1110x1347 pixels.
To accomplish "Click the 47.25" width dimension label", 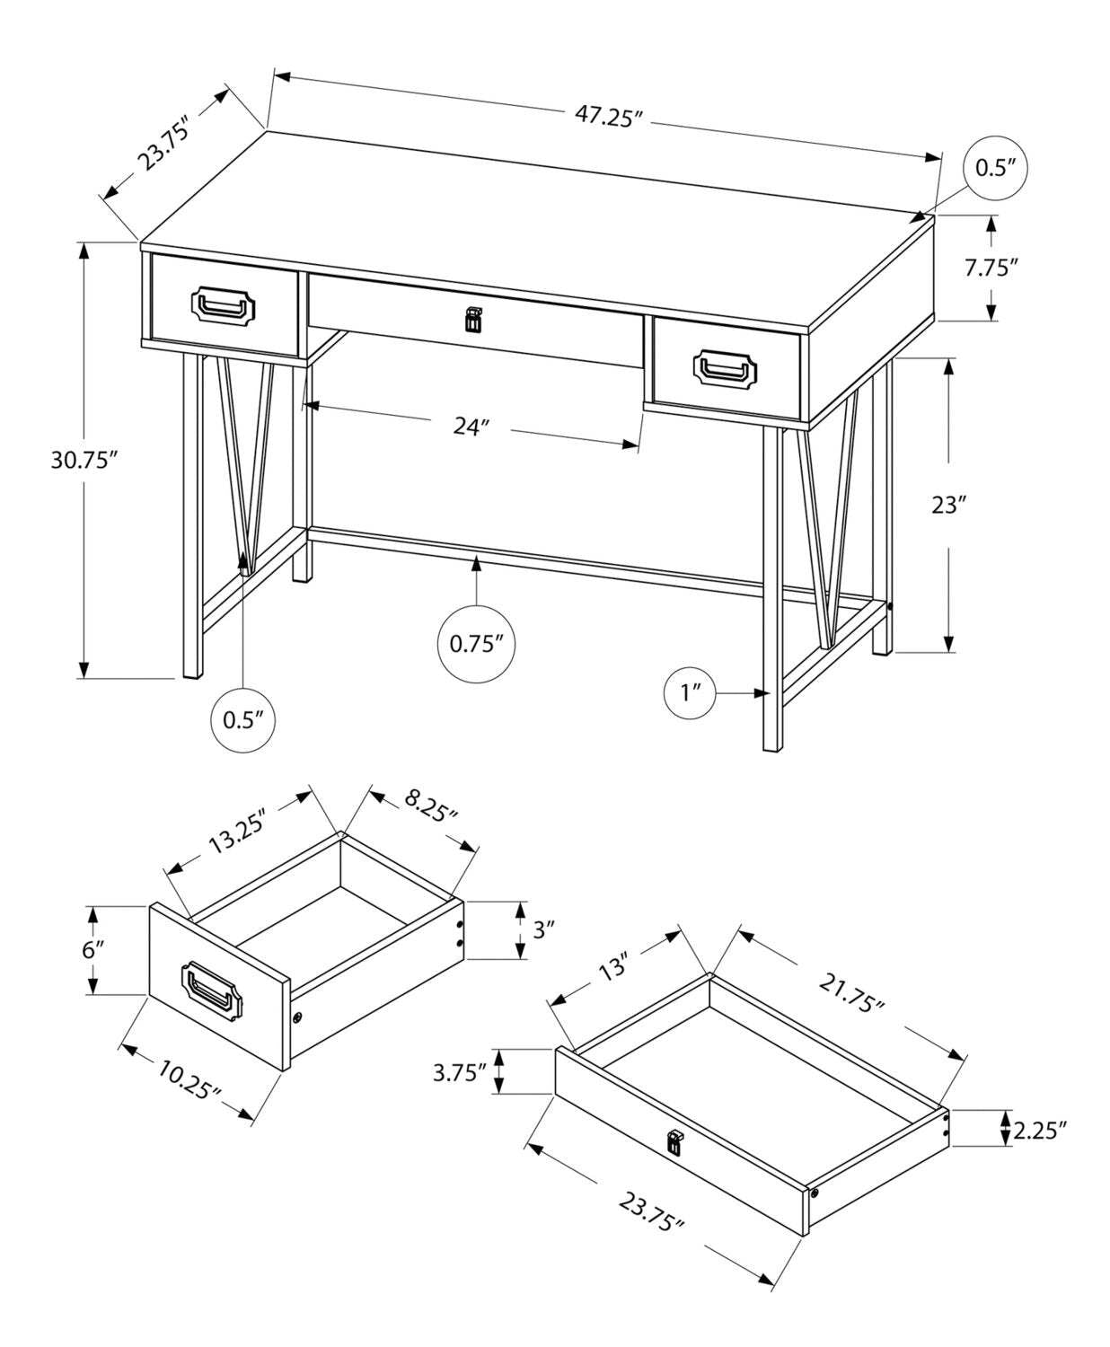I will coord(610,117).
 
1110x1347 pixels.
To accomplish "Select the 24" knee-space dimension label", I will coord(469,427).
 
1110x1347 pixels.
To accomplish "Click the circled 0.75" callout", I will coord(476,644).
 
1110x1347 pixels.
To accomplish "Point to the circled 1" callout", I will coord(690,692).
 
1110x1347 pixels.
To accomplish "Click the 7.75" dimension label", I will coord(991,267).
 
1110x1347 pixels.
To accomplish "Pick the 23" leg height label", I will coord(947,505).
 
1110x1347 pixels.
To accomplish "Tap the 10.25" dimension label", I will coord(189,1080).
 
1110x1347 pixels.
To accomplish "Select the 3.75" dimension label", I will coord(459,1071).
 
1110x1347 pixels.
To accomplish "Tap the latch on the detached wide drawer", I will coord(674,1141).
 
